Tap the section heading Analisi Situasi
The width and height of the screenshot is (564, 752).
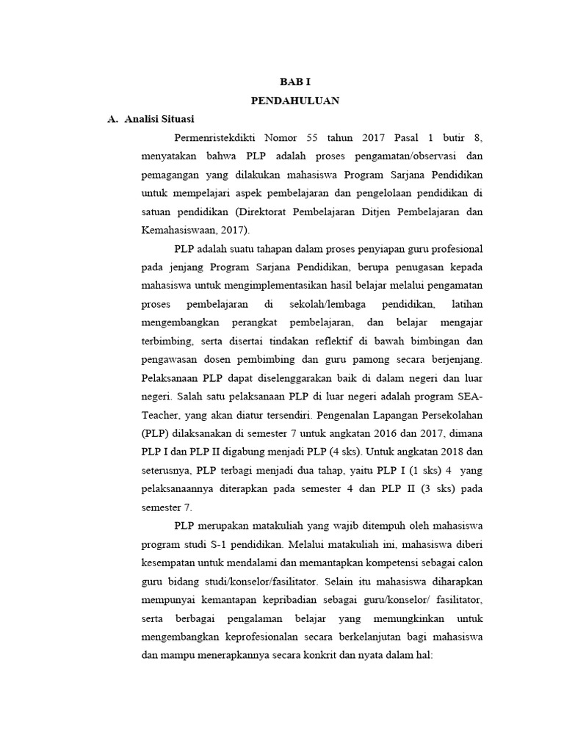[x=159, y=118]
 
